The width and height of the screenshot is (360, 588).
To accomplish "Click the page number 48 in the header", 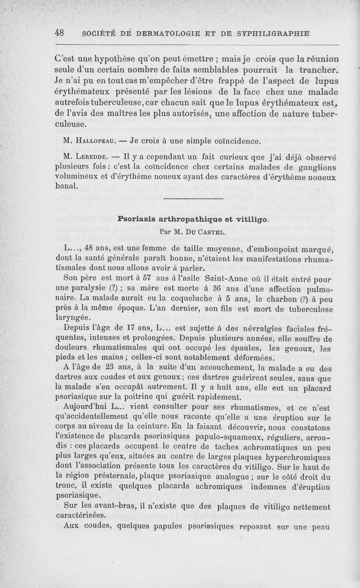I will pyautogui.click(x=58, y=33).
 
